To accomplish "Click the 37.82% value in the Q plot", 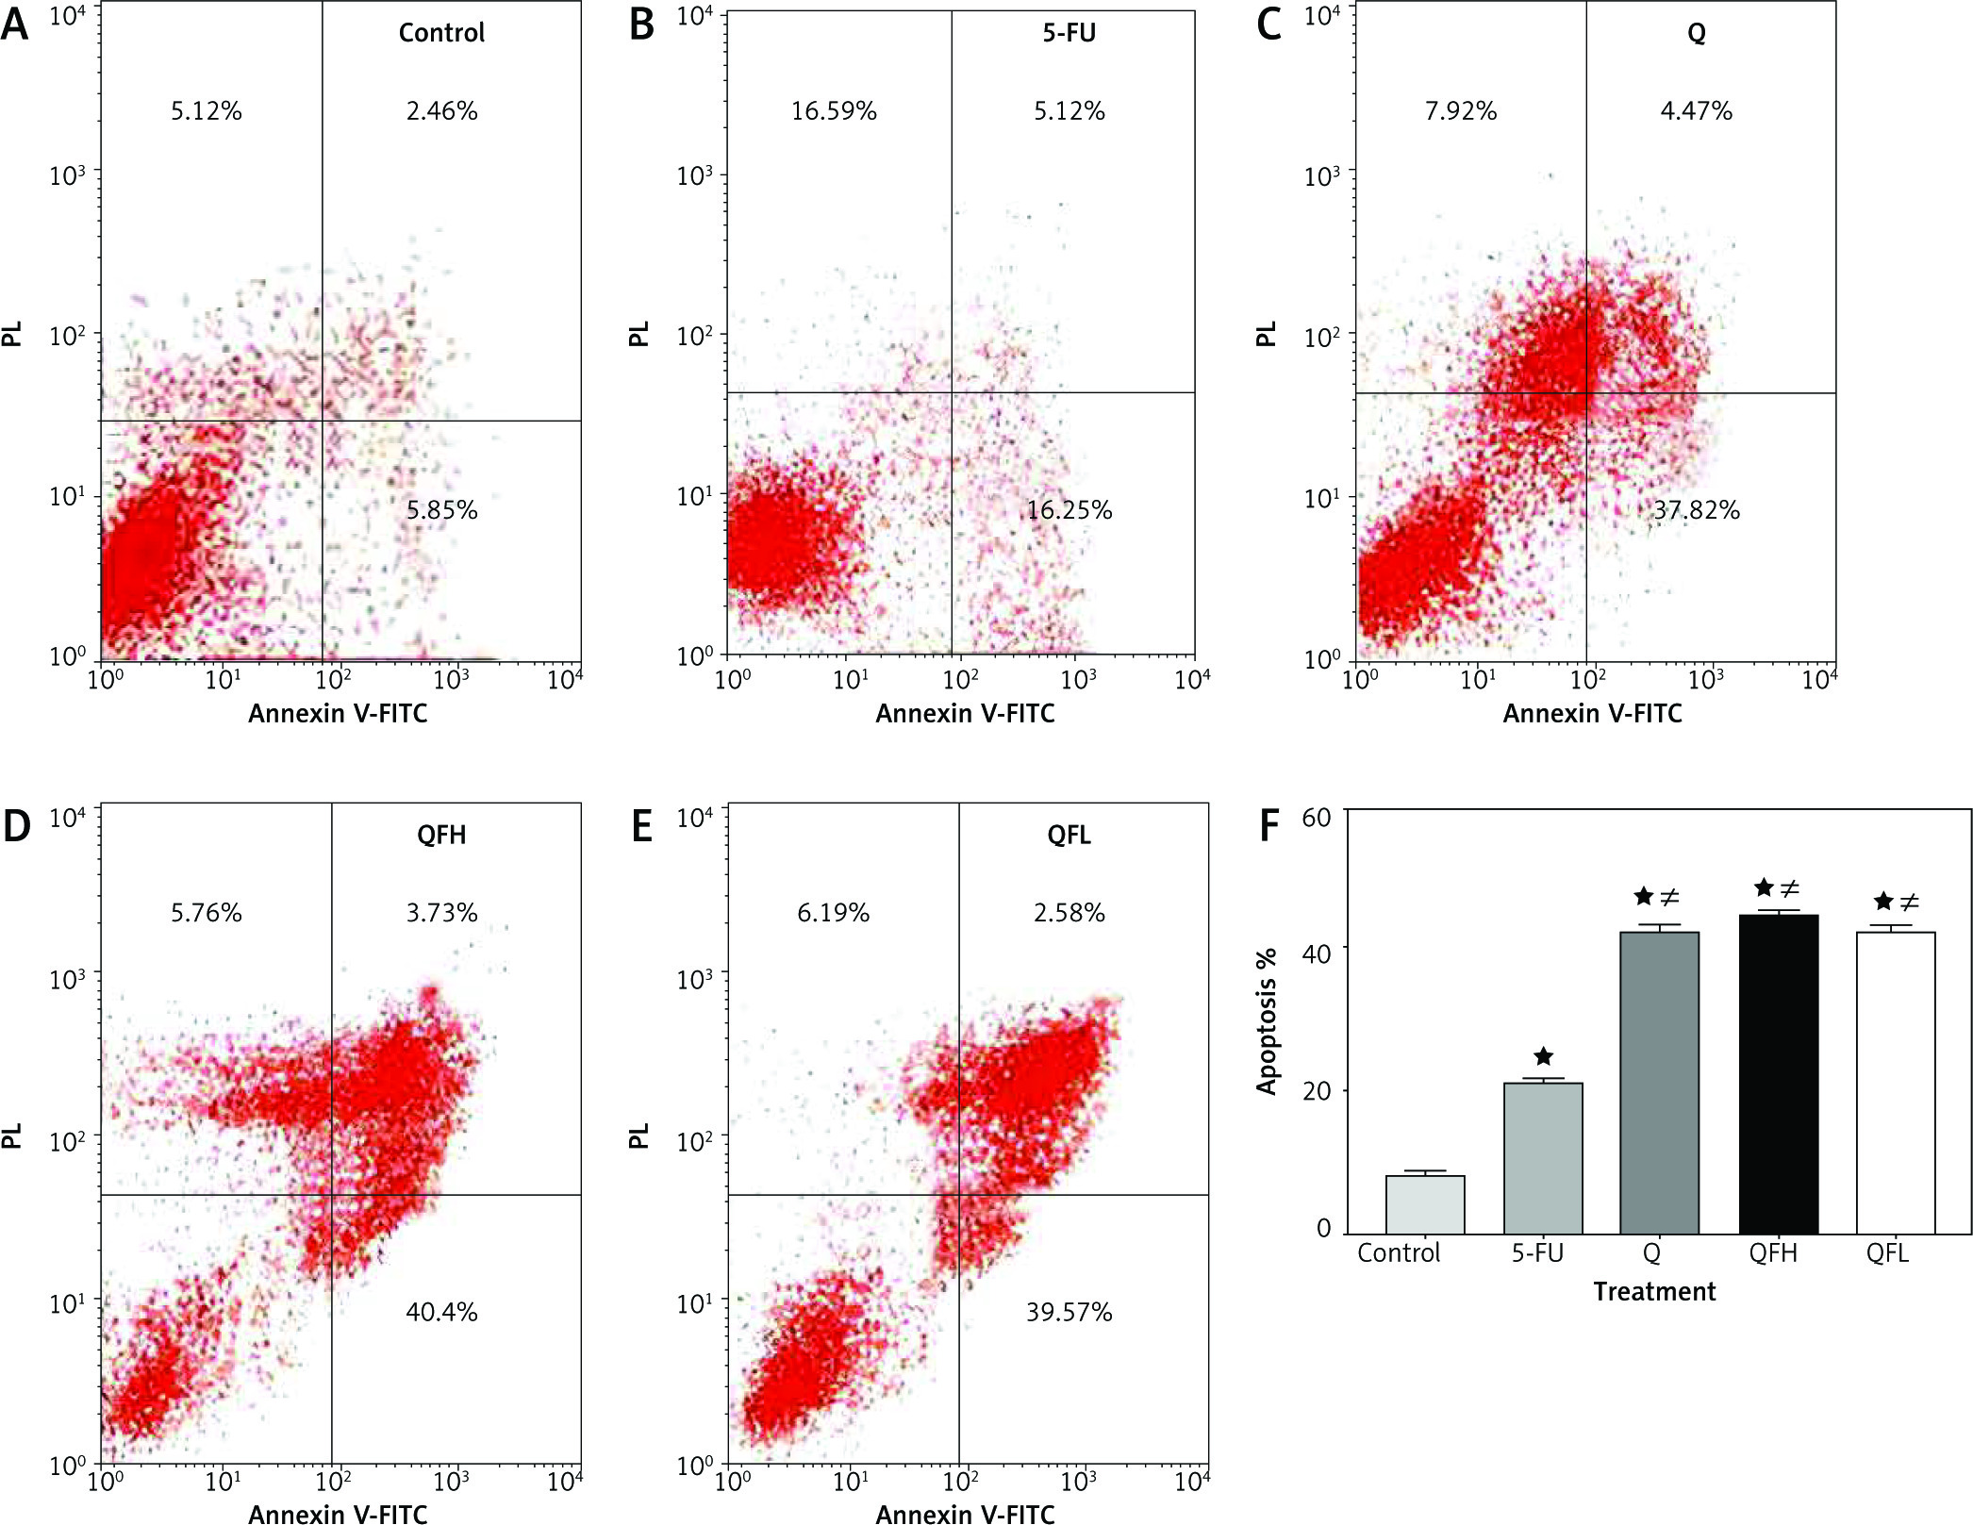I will point(1696,510).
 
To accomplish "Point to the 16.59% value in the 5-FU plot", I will point(834,111).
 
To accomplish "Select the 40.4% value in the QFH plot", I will point(441,1312).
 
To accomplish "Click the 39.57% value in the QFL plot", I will point(1069,1312).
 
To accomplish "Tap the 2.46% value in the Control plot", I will point(441,111).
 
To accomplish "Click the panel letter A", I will point(14,24).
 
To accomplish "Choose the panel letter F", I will point(1269,825).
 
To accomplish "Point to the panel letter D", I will point(16,825).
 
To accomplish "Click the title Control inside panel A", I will point(441,33).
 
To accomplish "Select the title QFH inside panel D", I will point(441,835).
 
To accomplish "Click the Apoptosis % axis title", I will point(1267,1020).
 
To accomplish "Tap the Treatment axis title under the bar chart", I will point(1654,1291).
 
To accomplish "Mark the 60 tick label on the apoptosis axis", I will point(1316,817).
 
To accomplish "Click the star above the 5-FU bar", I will point(1543,1056).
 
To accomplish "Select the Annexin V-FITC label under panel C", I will point(1592,713).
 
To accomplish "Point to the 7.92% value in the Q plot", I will point(1460,111).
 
